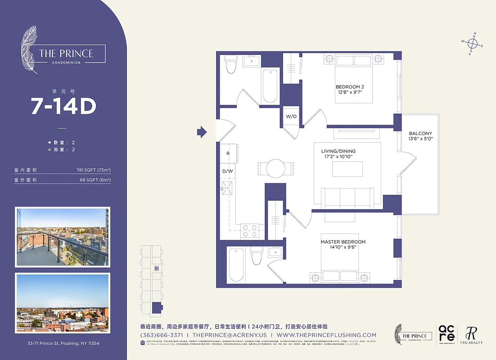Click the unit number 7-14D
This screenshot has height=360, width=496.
coord(63,106)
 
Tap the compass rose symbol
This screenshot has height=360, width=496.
coord(472,44)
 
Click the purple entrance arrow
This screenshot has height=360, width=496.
coord(202,132)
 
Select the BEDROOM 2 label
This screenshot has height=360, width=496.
coord(349,89)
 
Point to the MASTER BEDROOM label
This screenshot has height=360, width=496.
coord(343,244)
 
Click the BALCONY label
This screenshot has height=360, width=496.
coord(420,136)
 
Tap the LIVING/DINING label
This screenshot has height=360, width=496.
coord(338,154)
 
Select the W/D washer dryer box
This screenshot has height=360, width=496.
coord(291,117)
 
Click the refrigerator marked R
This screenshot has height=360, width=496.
coord(228,153)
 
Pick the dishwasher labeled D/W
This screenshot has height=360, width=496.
coord(228,171)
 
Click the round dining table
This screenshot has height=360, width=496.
coord(275,169)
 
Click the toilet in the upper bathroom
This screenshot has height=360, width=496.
coord(231,65)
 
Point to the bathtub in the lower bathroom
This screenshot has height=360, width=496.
coord(236,265)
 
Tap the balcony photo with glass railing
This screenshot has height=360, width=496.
coord(63,237)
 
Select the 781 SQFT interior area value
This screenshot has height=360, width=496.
coord(94,171)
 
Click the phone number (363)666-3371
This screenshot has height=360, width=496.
coord(162,335)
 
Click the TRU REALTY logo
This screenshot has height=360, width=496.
coord(471,335)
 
